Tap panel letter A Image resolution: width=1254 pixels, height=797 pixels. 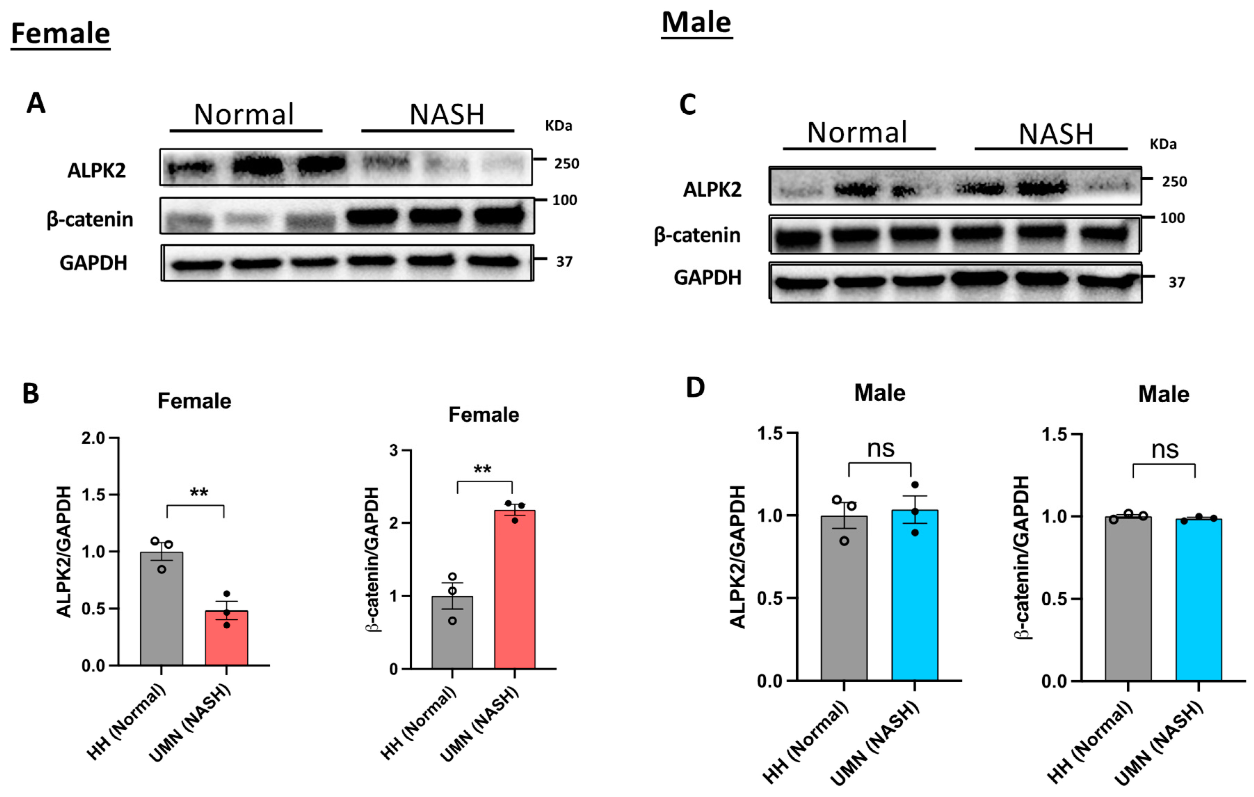(36, 103)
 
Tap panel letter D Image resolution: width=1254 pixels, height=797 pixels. (695, 388)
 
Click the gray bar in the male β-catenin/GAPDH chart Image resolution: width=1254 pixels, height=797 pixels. (1128, 599)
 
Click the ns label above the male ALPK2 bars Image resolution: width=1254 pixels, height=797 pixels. (881, 449)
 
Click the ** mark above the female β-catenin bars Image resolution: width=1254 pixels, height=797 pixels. (482, 469)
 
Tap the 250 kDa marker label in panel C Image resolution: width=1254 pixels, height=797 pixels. (1174, 182)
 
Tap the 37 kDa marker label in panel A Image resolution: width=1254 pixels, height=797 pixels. (564, 262)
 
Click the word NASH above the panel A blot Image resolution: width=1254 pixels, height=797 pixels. (447, 114)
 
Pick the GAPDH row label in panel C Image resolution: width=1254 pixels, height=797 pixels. (707, 278)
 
